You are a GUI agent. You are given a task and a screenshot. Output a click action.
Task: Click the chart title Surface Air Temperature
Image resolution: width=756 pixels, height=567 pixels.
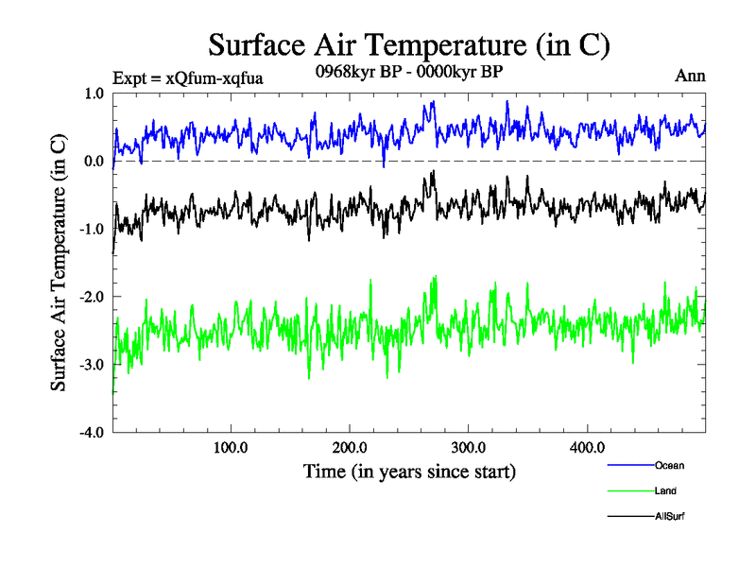[408, 44]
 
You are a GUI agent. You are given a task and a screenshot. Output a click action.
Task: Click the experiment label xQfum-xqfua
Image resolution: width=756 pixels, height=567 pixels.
[187, 77]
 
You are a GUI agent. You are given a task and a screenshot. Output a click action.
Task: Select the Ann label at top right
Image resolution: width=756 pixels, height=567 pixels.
[690, 76]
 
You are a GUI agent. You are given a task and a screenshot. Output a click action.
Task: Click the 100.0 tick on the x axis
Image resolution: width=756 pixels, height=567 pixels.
[231, 447]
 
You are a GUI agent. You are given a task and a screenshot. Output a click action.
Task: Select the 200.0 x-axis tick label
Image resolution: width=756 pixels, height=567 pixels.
[350, 447]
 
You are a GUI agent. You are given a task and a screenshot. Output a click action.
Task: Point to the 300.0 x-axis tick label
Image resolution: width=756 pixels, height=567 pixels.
[469, 447]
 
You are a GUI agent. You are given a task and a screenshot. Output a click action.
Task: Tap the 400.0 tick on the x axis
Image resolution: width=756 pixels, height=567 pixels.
[588, 447]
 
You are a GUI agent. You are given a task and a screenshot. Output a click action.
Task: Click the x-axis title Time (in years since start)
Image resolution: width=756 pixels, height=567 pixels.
[409, 471]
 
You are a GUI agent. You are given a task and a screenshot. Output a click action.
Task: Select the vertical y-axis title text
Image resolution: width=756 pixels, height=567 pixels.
[59, 263]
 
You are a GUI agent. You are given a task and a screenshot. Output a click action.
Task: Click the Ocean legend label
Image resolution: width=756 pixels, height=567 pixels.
[669, 465]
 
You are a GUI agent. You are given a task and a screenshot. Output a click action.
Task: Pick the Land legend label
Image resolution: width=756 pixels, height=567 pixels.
[665, 490]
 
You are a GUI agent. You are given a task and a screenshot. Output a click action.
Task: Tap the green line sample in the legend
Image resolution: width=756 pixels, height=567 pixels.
[629, 491]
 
